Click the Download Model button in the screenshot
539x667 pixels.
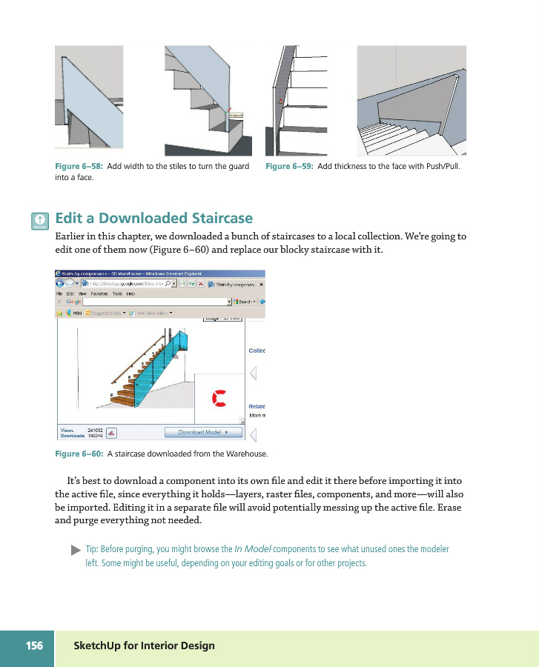point(202,432)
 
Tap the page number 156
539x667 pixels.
point(34,646)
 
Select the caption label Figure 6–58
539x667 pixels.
point(80,166)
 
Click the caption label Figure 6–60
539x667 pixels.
point(80,454)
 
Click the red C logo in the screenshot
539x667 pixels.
point(219,398)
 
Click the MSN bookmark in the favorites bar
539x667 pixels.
point(74,312)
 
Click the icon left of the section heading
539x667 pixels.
point(40,221)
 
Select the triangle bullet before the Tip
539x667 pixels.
point(75,551)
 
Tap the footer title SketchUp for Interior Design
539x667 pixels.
point(144,646)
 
